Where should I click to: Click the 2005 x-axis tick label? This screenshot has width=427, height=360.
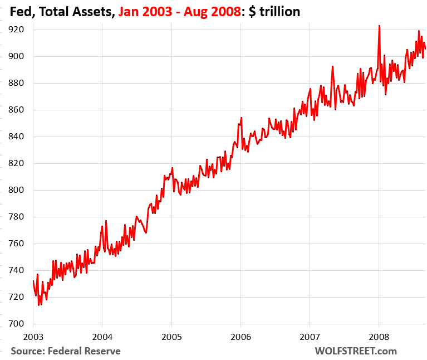[x=171, y=337]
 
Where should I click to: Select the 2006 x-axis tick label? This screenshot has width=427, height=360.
[x=241, y=337]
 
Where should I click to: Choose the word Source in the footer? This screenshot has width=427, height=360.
[x=27, y=351]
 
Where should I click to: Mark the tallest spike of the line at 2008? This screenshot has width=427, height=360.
[x=379, y=25]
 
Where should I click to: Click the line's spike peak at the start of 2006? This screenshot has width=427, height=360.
[x=241, y=118]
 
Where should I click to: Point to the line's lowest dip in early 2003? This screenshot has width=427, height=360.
[x=38, y=305]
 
